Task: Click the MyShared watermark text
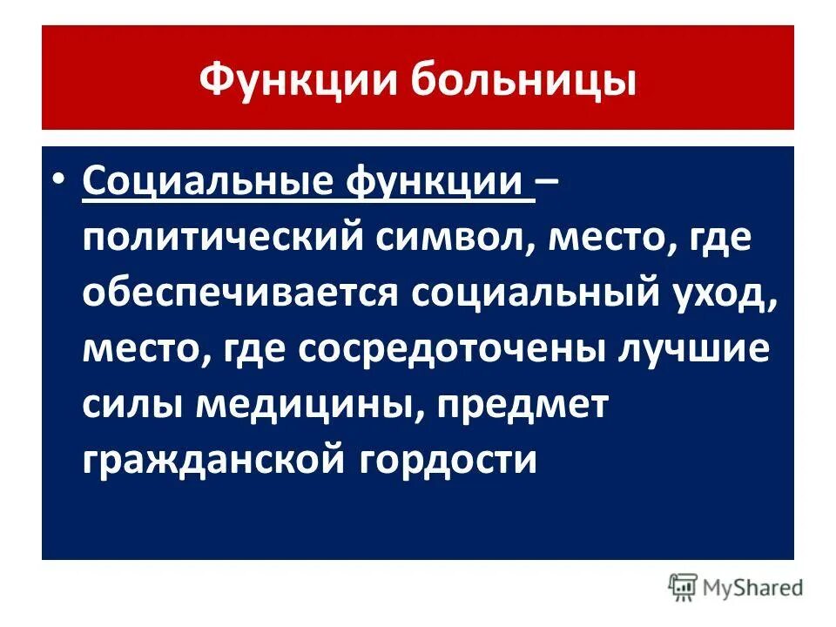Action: coord(753,589)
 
